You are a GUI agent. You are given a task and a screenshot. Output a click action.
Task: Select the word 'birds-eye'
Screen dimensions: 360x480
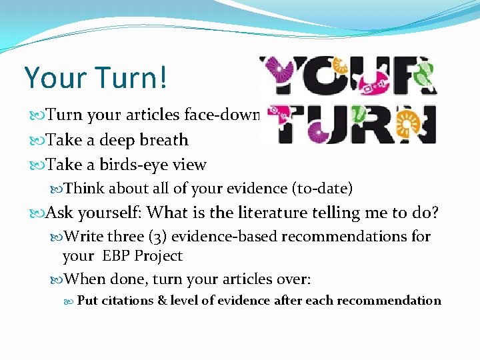pos(127,165)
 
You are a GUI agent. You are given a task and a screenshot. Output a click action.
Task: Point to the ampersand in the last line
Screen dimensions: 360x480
pos(162,301)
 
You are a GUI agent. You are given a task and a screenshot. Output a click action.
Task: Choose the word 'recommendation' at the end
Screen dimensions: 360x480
pos(389,301)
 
